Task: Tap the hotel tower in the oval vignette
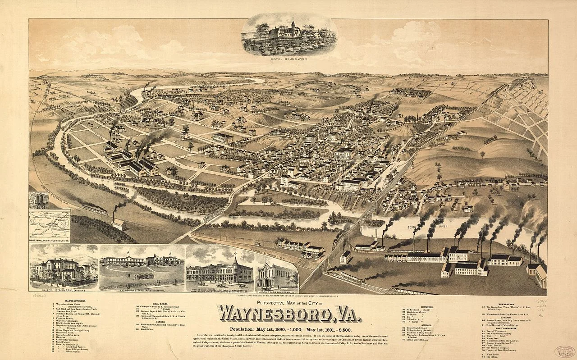(x=293, y=26)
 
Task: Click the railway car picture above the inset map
(x=38, y=201)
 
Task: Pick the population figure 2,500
(x=346, y=329)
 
